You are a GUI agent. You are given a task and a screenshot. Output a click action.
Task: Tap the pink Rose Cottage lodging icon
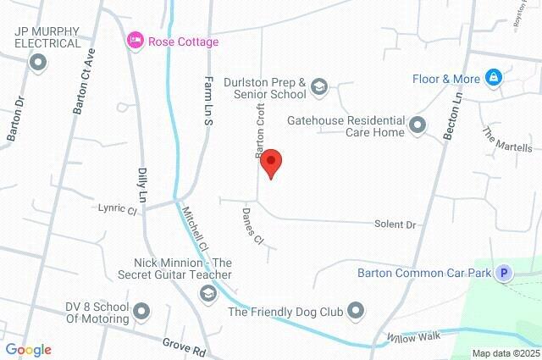pos(135,42)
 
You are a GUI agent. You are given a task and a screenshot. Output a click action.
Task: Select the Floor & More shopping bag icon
pos(494,79)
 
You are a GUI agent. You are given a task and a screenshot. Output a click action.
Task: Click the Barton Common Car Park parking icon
pos(505,273)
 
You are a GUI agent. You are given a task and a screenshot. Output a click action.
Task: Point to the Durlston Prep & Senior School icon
pos(319,86)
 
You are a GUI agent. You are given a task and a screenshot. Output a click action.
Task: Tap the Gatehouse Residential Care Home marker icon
pos(417,126)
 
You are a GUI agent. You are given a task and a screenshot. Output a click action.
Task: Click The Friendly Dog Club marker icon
pos(356,311)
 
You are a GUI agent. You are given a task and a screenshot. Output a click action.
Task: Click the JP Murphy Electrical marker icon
pos(37,62)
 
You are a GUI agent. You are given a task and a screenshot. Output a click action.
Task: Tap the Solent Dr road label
pos(395,225)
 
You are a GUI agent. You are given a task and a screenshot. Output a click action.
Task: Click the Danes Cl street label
pos(253,226)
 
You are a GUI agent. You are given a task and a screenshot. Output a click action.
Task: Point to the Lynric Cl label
pos(117,207)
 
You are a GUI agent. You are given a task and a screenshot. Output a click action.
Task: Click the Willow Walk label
pos(415,336)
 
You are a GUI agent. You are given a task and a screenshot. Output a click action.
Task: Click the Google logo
pos(28,349)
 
